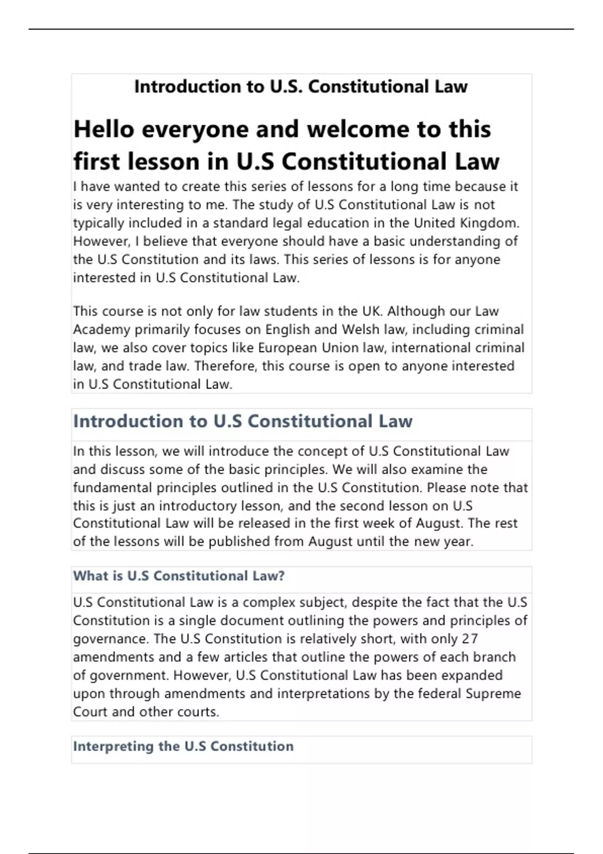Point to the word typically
[x=98, y=223]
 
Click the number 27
[x=470, y=639]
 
